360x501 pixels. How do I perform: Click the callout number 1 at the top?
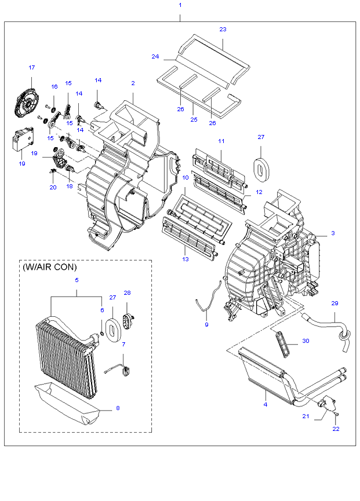(180, 5)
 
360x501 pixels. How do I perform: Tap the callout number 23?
(223, 30)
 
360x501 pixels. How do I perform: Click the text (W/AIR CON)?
(49, 267)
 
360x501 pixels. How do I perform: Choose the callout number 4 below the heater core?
(266, 404)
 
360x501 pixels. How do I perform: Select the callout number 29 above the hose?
(334, 303)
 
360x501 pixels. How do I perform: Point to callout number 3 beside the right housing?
(333, 233)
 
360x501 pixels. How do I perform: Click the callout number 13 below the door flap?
(186, 259)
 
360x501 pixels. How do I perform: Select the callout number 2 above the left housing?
(133, 83)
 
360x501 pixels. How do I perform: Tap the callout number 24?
(155, 57)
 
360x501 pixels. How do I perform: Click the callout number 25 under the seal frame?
(194, 119)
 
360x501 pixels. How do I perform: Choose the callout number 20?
(53, 188)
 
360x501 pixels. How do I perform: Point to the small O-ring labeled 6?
(101, 334)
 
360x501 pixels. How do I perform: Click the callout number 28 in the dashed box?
(127, 293)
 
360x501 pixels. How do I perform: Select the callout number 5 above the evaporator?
(77, 280)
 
